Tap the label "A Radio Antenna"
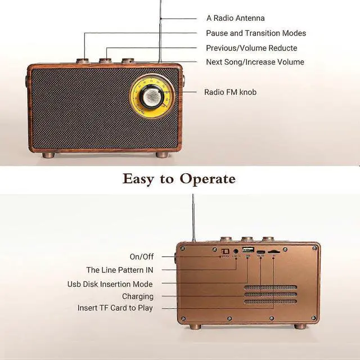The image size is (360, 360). point(235,19)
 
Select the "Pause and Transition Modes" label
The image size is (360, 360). point(256,33)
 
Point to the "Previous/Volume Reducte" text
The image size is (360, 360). point(251,48)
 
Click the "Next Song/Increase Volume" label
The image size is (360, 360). point(255,62)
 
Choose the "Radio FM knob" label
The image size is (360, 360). point(230,92)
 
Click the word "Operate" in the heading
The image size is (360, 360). point(208,179)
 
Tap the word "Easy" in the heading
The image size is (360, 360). point(141,179)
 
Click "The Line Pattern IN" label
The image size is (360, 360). point(119,270)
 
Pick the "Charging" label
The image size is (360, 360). point(137,296)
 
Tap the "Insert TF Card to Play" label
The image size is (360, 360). point(115,308)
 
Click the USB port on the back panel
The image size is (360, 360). point(247,249)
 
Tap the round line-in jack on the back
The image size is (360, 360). point(236,250)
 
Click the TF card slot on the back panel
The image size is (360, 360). point(274,251)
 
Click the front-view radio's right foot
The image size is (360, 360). point(162,154)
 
